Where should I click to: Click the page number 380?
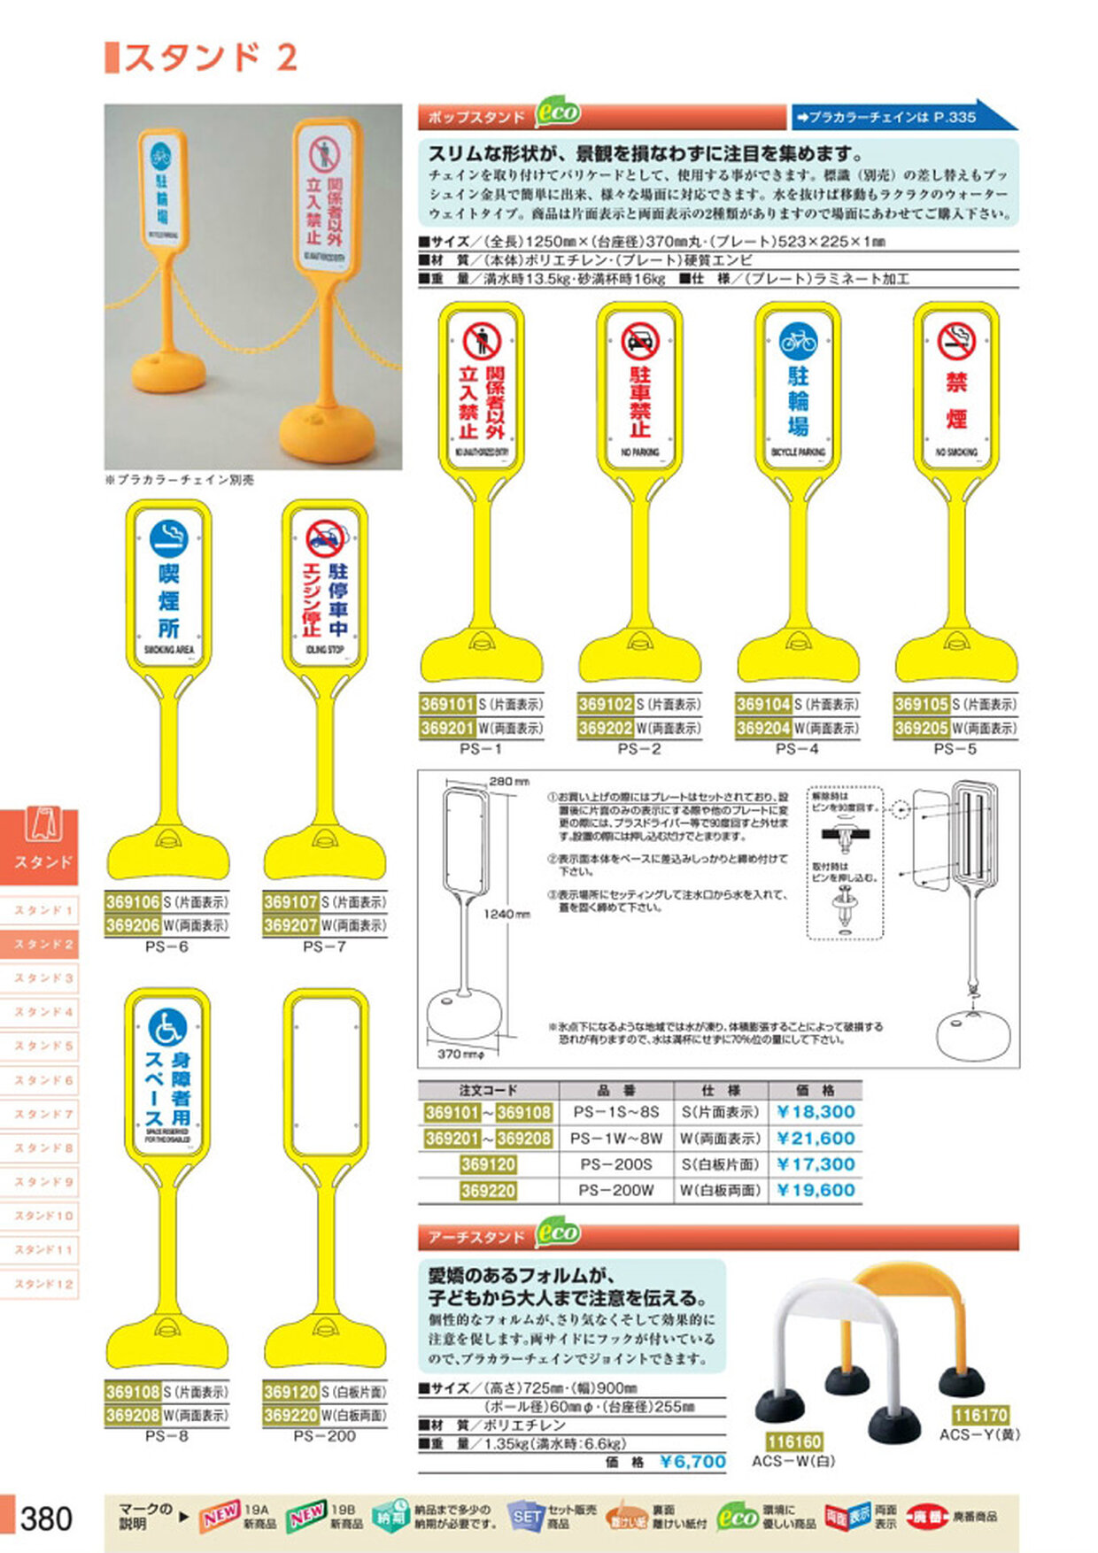pyautogui.click(x=46, y=1518)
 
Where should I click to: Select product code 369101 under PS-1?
pyautogui.click(x=447, y=705)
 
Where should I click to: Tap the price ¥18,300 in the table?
pyautogui.click(x=816, y=1112)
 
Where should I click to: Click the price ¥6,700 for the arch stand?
pyautogui.click(x=692, y=1462)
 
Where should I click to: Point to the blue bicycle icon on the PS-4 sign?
pyautogui.click(x=798, y=340)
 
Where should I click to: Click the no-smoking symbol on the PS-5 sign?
pyautogui.click(x=956, y=341)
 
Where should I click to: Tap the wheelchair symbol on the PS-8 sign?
pyautogui.click(x=167, y=1027)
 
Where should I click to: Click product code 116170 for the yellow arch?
pyautogui.click(x=980, y=1415)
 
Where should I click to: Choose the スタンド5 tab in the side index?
pyautogui.click(x=43, y=1046)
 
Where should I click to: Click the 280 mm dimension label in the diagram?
pyautogui.click(x=508, y=782)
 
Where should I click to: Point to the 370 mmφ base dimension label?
pyautogui.click(x=461, y=1054)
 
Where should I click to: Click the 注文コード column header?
pyautogui.click(x=488, y=1090)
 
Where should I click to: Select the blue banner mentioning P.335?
pyautogui.click(x=899, y=116)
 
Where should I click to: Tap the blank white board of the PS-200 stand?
pyautogui.click(x=325, y=1076)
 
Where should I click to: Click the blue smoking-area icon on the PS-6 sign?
pyautogui.click(x=168, y=538)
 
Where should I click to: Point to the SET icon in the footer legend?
pyautogui.click(x=526, y=1517)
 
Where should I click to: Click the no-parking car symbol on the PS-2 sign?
pyautogui.click(x=640, y=341)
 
